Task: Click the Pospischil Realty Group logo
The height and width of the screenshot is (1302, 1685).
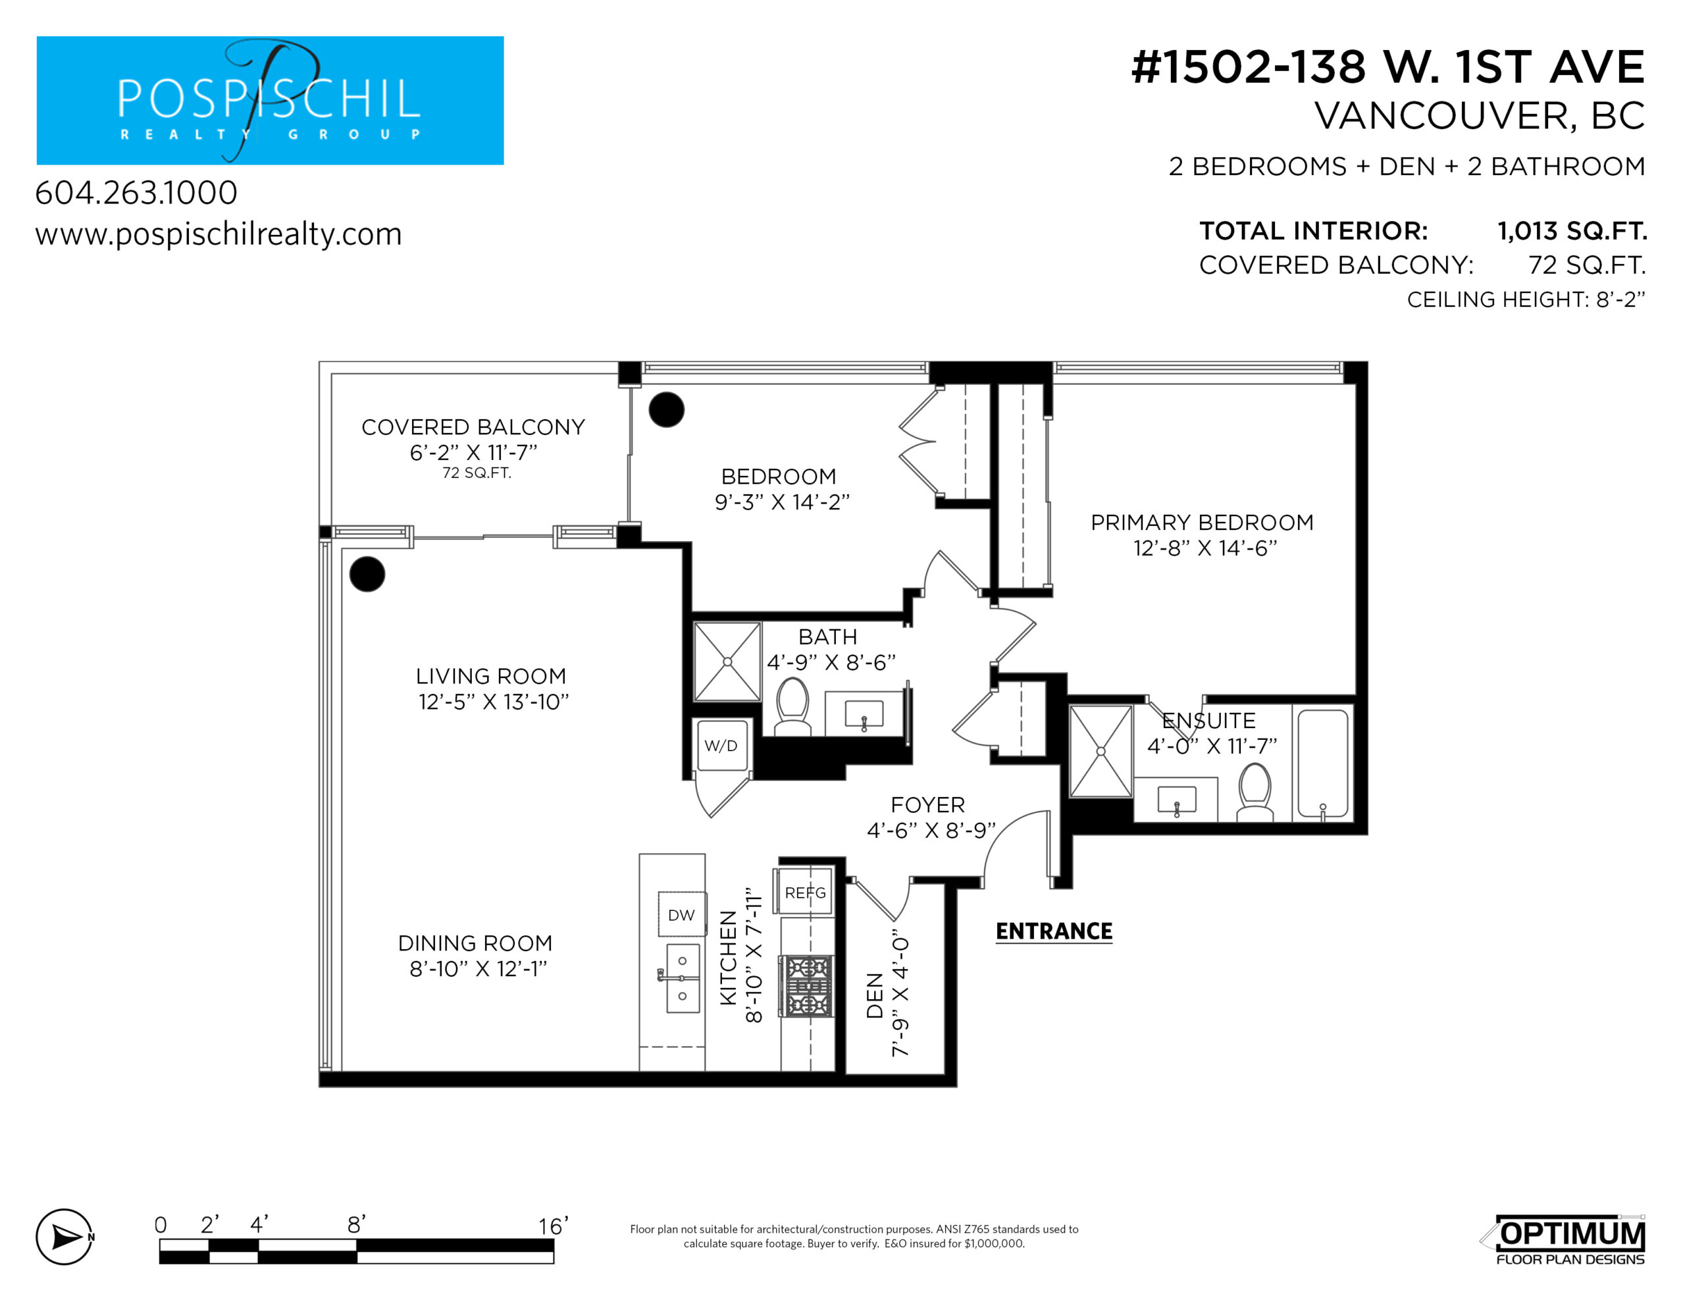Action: click(x=270, y=100)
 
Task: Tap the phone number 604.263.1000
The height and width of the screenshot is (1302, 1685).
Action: click(x=136, y=193)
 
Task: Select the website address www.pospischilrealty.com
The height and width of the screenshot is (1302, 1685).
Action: click(x=219, y=234)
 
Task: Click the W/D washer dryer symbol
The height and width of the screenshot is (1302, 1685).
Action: click(x=722, y=746)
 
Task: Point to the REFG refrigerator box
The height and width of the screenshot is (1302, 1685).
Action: click(x=804, y=891)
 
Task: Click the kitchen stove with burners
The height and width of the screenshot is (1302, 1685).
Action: click(x=807, y=985)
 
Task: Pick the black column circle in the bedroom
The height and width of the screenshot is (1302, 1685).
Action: click(x=667, y=410)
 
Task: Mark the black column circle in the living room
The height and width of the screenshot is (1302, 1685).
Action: click(x=367, y=574)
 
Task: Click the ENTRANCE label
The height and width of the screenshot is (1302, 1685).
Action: click(x=1054, y=931)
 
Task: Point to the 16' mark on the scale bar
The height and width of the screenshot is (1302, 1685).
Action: click(x=553, y=1226)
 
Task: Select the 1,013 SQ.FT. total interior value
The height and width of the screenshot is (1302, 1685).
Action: click(x=1572, y=231)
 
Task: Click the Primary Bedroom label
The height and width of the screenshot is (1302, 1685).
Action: click(x=1202, y=523)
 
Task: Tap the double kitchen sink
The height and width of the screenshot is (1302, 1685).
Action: click(x=682, y=978)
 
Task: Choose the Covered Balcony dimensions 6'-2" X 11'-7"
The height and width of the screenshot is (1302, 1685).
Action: click(x=473, y=452)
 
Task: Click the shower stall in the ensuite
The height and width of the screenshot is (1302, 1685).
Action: click(x=1101, y=751)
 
